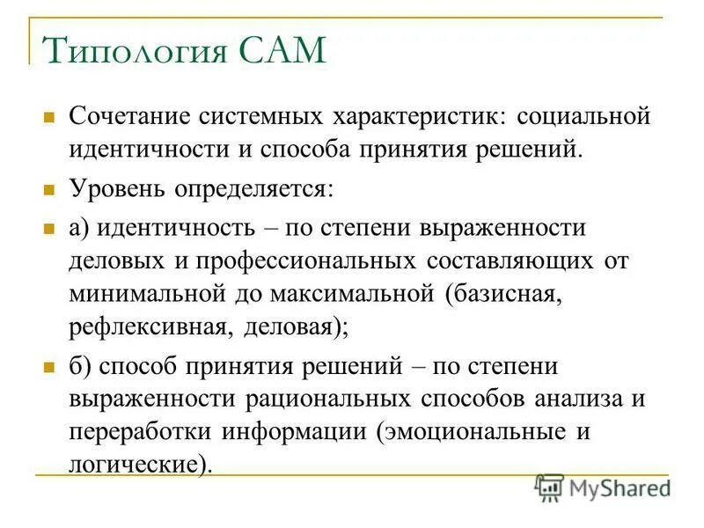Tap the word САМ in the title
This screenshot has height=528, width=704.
280,51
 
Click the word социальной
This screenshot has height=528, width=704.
583,115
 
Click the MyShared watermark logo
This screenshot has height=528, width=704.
604,487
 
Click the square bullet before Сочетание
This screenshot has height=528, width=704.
50,115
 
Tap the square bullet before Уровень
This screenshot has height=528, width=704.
50,187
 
